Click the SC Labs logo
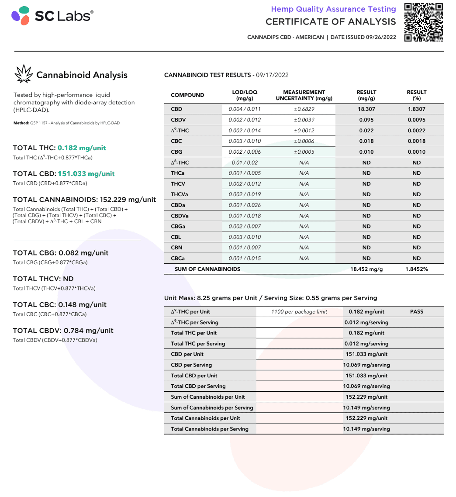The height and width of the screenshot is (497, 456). coord(52,16)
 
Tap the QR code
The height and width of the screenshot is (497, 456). coord(423,22)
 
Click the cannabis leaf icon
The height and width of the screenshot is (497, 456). coord(24,74)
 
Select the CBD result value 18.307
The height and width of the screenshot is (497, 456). coord(366,109)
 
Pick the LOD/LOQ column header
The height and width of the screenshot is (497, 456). coord(245,95)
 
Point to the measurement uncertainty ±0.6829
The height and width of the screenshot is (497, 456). coord(304,109)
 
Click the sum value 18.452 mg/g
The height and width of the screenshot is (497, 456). coord(366,269)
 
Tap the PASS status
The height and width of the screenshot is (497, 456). coord(416,311)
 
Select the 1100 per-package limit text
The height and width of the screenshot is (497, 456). coord(299,311)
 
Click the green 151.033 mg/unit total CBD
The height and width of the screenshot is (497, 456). coord(86,173)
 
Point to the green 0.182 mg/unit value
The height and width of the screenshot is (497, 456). coord(82,148)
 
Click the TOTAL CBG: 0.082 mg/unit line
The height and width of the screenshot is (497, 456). coord(61,253)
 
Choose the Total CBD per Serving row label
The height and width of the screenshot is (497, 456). coord(198,386)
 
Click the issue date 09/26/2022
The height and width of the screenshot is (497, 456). coord(378,37)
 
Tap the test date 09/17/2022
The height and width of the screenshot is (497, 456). coord(272,75)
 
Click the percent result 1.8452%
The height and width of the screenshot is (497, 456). coord(416,269)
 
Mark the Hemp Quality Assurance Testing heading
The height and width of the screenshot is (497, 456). coord(333,9)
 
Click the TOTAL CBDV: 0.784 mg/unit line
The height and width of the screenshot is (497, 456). coord(63,330)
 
